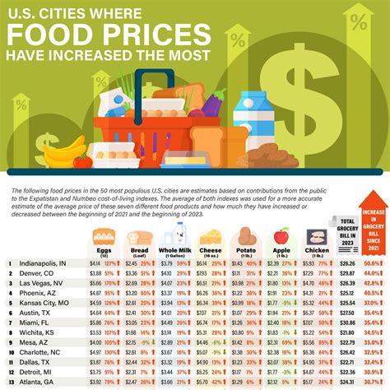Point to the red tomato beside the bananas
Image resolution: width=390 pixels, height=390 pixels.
[82, 161]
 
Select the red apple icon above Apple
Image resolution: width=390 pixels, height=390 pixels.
[281, 234]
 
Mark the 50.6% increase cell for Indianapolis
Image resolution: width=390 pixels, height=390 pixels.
[374, 262]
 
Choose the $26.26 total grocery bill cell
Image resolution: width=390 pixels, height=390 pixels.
[347, 262]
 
